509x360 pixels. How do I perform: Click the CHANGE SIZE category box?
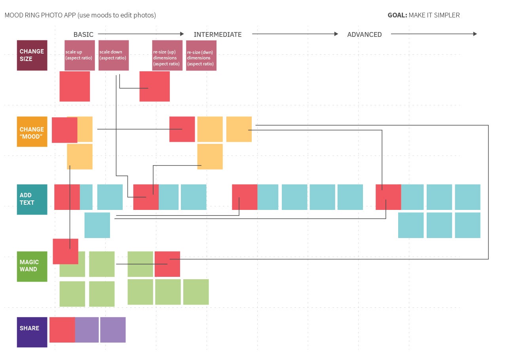[32, 55]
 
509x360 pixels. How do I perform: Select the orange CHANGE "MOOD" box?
[32, 131]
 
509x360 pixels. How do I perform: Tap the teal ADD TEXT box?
[32, 200]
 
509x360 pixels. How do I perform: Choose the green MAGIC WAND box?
[32, 267]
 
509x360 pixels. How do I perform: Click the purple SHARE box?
[32, 332]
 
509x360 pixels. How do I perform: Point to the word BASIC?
[84, 34]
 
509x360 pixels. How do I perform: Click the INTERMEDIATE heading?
[217, 34]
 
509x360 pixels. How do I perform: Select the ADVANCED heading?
[364, 34]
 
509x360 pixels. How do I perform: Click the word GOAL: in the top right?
[397, 15]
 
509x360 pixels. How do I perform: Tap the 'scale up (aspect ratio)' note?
[80, 55]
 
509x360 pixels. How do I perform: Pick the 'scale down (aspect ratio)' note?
[114, 55]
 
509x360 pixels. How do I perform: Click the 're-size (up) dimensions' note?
[167, 55]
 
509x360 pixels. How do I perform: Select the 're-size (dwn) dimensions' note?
[201, 55]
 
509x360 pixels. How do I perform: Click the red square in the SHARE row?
[62, 330]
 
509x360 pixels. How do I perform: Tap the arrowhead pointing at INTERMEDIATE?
[182, 34]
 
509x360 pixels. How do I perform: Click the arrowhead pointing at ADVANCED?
[336, 34]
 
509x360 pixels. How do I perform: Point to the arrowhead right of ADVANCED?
[475, 34]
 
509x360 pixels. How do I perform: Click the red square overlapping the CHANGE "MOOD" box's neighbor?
[65, 130]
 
